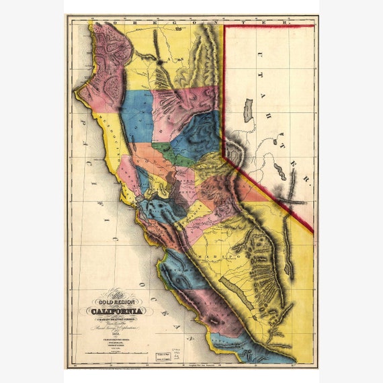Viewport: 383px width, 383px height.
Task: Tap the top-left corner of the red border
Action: coord(224,26)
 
